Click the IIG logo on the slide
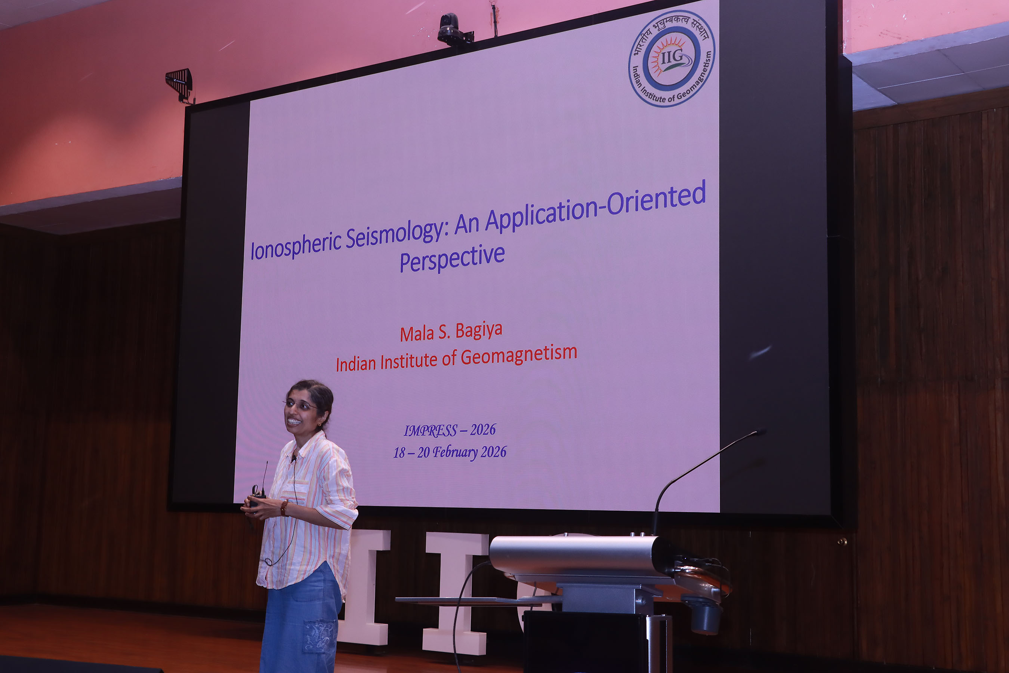coord(672,59)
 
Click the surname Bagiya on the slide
coord(479,331)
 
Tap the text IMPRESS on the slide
coord(431,430)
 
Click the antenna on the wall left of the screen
coord(180,84)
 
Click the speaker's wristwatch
coord(284,508)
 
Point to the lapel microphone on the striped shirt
coord(294,458)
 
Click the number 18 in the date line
coord(399,453)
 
